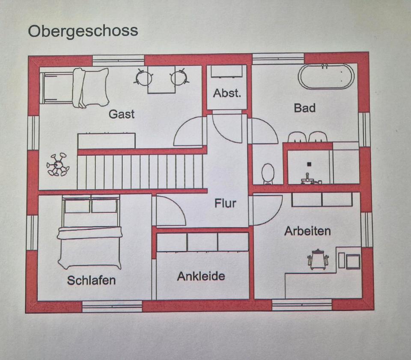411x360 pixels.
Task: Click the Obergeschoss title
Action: (83, 31)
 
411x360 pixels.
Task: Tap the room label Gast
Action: (122, 114)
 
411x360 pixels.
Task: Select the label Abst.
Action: (227, 93)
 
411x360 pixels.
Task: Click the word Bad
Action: (304, 108)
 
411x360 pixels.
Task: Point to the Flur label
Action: (225, 203)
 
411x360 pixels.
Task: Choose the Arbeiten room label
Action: (307, 231)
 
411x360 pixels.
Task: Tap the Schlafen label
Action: (91, 280)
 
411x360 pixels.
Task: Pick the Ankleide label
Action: (201, 276)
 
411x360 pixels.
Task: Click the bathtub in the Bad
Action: (326, 76)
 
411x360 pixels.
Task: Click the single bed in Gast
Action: (75, 87)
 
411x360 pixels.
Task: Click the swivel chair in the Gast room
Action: (58, 164)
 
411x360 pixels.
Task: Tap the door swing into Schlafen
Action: (170, 211)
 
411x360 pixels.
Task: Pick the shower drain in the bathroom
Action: (309, 164)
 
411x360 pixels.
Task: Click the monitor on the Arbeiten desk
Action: (353, 261)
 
